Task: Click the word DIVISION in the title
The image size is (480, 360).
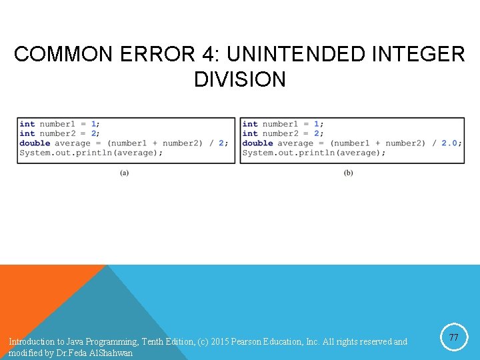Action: click(x=240, y=79)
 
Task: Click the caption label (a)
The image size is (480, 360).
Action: click(x=125, y=173)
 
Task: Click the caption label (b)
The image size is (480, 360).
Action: click(x=348, y=173)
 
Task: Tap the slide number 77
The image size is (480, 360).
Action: click(x=454, y=338)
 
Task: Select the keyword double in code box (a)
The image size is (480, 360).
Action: click(x=35, y=143)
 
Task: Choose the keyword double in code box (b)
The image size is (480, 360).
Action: click(x=257, y=143)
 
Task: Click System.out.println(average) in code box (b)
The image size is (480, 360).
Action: click(x=313, y=153)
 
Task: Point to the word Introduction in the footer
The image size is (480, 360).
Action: click(x=31, y=342)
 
